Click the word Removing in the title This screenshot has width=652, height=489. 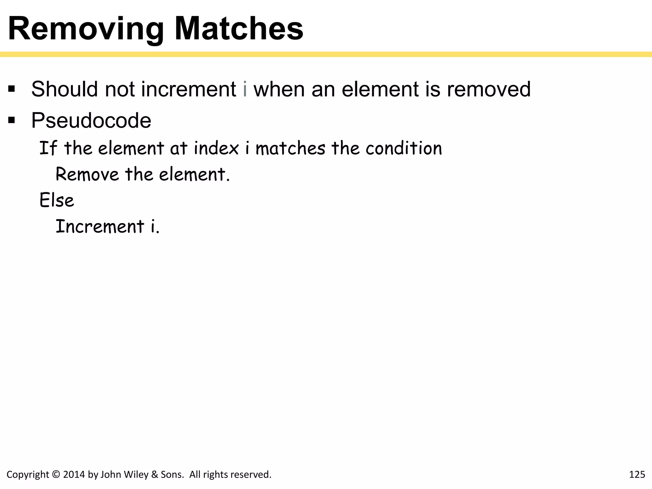pos(85,29)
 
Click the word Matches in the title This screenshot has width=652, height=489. pos(239,29)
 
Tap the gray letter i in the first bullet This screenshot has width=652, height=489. pos(245,89)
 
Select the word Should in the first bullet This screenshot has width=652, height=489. pos(64,89)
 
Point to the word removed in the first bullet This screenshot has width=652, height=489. pos(489,89)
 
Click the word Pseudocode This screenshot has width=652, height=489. pos(91,121)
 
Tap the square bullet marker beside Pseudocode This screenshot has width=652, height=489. pos(12,120)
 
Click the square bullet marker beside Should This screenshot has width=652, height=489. pos(12,89)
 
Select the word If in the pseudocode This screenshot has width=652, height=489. pos(48,148)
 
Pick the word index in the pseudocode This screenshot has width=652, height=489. pos(216,148)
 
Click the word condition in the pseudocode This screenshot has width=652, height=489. pos(404,148)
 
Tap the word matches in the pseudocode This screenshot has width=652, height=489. pos(290,148)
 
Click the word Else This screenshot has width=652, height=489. pos(57,201)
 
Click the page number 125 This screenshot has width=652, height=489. pos(637,475)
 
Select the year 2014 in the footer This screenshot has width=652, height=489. pos(74,475)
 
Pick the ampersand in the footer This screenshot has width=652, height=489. pos(155,475)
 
